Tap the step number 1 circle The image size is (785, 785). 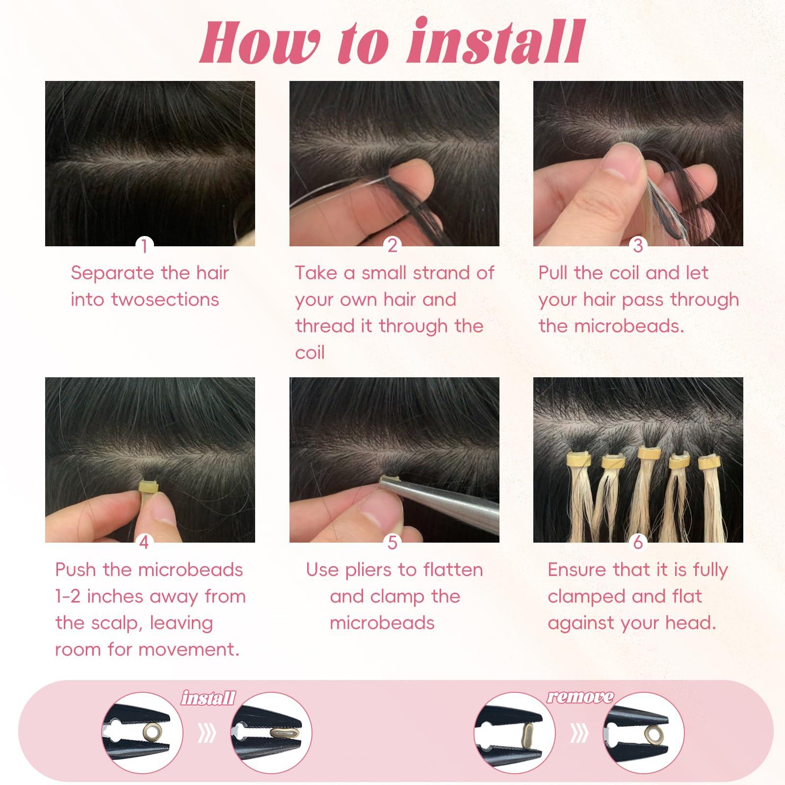click(x=144, y=245)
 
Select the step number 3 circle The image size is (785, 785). click(x=638, y=245)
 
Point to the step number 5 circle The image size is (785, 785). click(x=392, y=542)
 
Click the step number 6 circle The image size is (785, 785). click(x=638, y=542)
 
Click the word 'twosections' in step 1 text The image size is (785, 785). click(x=165, y=299)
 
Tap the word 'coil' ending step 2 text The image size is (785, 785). click(x=310, y=353)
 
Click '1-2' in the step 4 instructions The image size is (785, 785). click(x=68, y=597)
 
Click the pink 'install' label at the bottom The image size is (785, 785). click(x=208, y=698)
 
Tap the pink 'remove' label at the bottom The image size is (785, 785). click(x=580, y=697)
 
